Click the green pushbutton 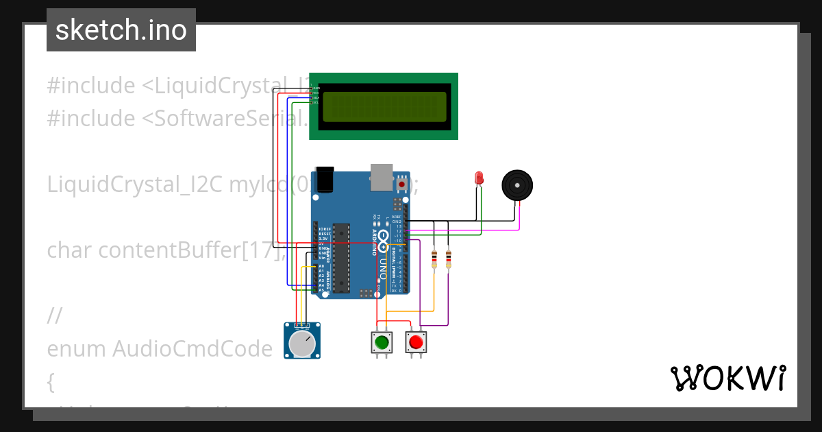point(382,341)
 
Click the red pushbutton point(415,341)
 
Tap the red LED point(479,178)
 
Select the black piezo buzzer point(516,185)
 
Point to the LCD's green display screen point(383,106)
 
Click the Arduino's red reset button point(401,184)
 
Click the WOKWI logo point(727,379)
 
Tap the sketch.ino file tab point(121,30)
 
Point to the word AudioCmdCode point(192,349)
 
